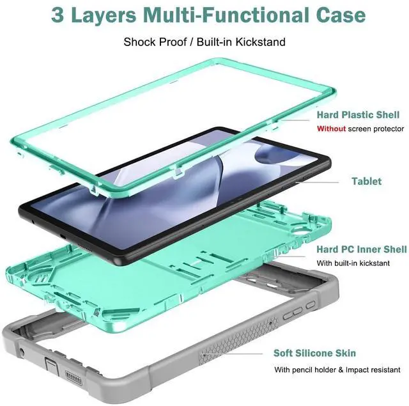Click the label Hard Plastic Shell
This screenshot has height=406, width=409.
coord(358,115)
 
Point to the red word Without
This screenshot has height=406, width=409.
coord(331,129)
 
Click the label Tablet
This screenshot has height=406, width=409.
coord(366,181)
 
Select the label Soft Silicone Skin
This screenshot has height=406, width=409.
coord(324,353)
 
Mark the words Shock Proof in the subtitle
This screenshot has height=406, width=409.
coord(152,42)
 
